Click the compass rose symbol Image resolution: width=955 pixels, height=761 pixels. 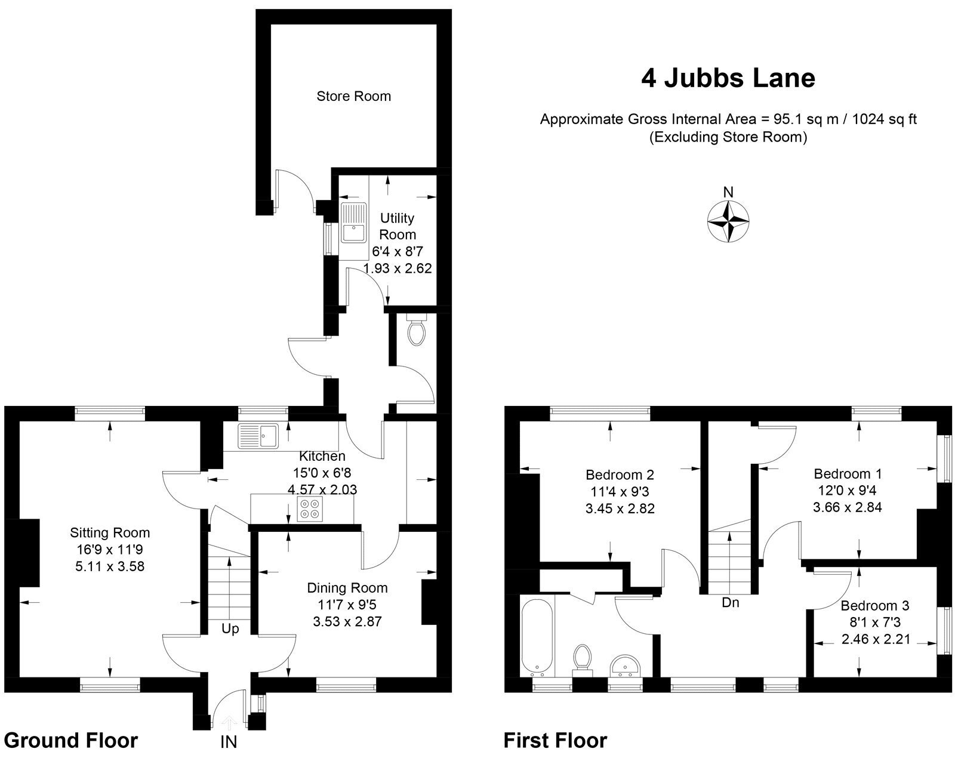[728, 222]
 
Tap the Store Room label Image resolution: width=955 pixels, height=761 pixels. [353, 96]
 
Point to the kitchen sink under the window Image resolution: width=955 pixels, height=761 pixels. [258, 436]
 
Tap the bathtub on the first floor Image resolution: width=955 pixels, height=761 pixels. [537, 636]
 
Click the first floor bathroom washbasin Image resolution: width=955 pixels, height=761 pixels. [624, 664]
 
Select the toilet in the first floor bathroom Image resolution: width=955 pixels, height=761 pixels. [581, 659]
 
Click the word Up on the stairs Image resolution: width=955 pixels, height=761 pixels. [230, 628]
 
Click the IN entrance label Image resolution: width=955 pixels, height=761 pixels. [229, 742]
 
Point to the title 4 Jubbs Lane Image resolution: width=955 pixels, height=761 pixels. [728, 78]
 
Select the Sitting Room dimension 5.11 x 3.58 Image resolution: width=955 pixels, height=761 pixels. [110, 566]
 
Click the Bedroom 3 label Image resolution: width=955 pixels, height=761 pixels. [874, 606]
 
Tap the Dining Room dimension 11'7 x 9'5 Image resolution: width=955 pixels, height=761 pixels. [347, 605]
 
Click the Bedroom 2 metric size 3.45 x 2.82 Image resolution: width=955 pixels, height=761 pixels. [620, 509]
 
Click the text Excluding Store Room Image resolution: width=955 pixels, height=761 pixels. [728, 137]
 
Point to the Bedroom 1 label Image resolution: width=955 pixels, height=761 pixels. [848, 474]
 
